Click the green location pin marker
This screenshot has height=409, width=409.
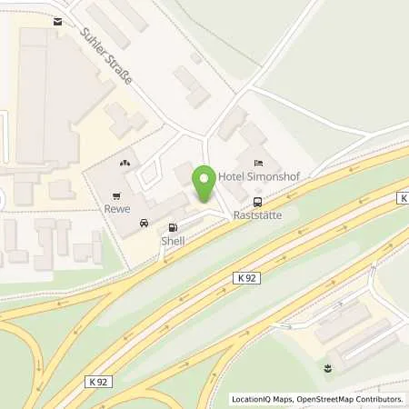point(206,183)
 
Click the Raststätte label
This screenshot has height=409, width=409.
point(257,216)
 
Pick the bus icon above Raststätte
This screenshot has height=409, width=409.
point(257,202)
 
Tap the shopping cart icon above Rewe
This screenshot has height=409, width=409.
point(116,195)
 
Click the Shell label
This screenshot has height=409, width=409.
point(173,241)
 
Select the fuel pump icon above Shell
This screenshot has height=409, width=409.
point(173,227)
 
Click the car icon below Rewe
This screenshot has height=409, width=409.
point(144,223)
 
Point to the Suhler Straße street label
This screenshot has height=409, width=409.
point(106,55)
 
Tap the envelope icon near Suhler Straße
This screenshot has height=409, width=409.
point(59,21)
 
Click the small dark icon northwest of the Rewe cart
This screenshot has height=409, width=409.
point(124,163)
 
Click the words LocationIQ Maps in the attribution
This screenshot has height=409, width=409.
point(260,399)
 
